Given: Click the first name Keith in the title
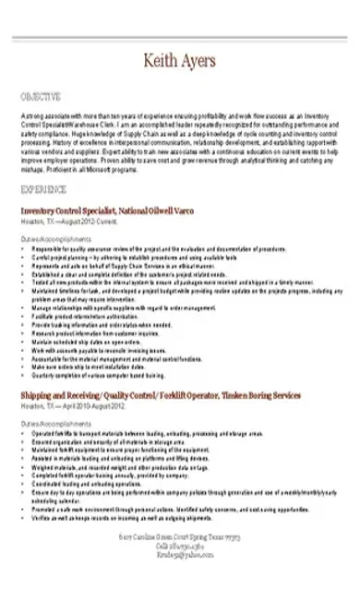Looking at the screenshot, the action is click(x=160, y=61).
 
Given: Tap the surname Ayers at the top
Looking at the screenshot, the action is click(x=198, y=61).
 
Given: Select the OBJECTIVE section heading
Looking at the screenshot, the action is click(x=41, y=95).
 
